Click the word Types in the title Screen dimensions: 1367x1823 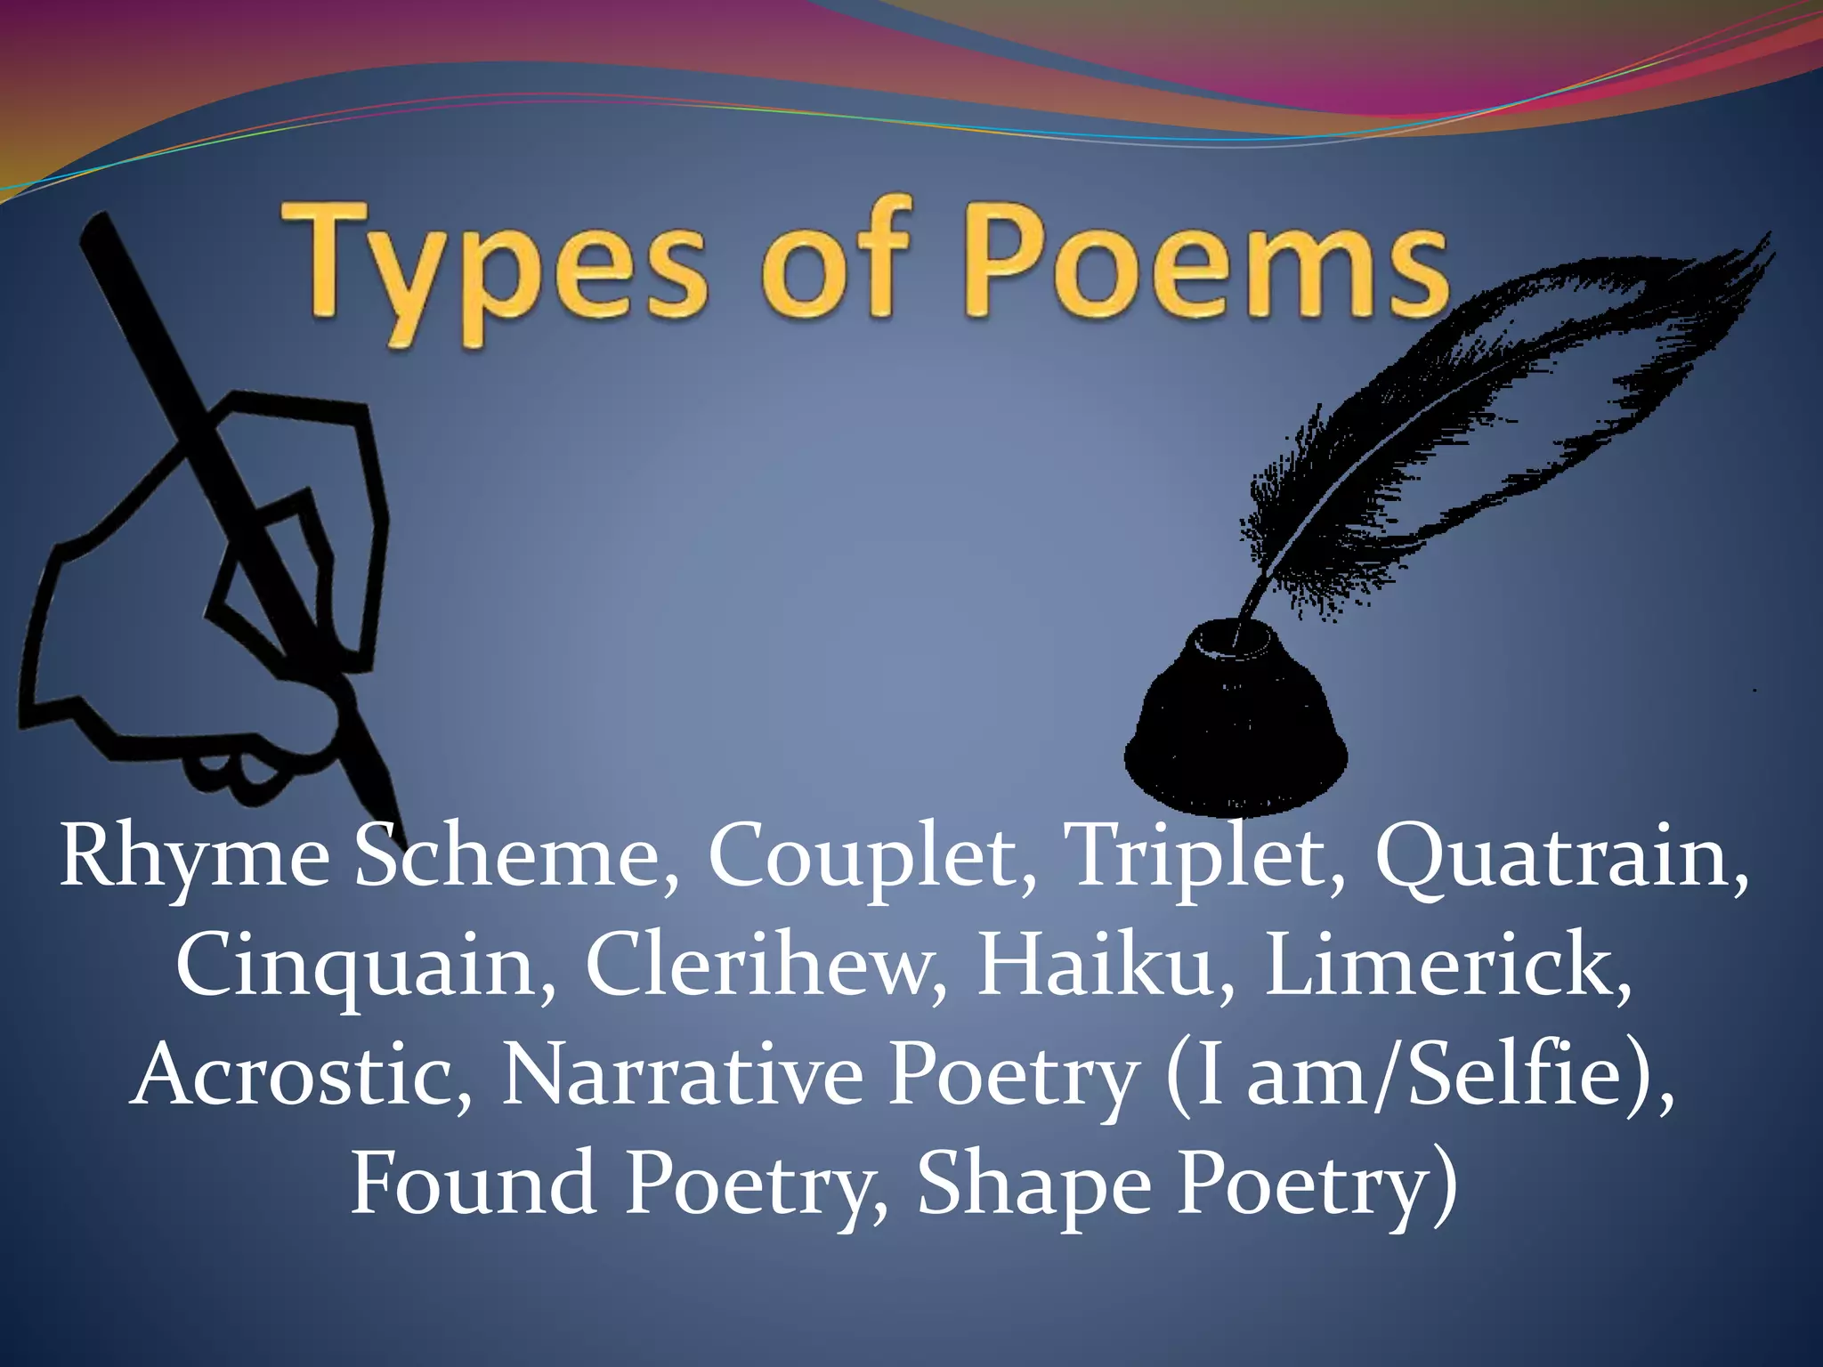[x=495, y=267]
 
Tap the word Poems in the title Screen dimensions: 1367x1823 [x=1205, y=263]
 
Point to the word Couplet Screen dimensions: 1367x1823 [x=871, y=857]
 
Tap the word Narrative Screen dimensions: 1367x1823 [x=682, y=1076]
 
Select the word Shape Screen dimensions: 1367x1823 [x=1033, y=1184]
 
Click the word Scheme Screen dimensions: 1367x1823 [x=516, y=857]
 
